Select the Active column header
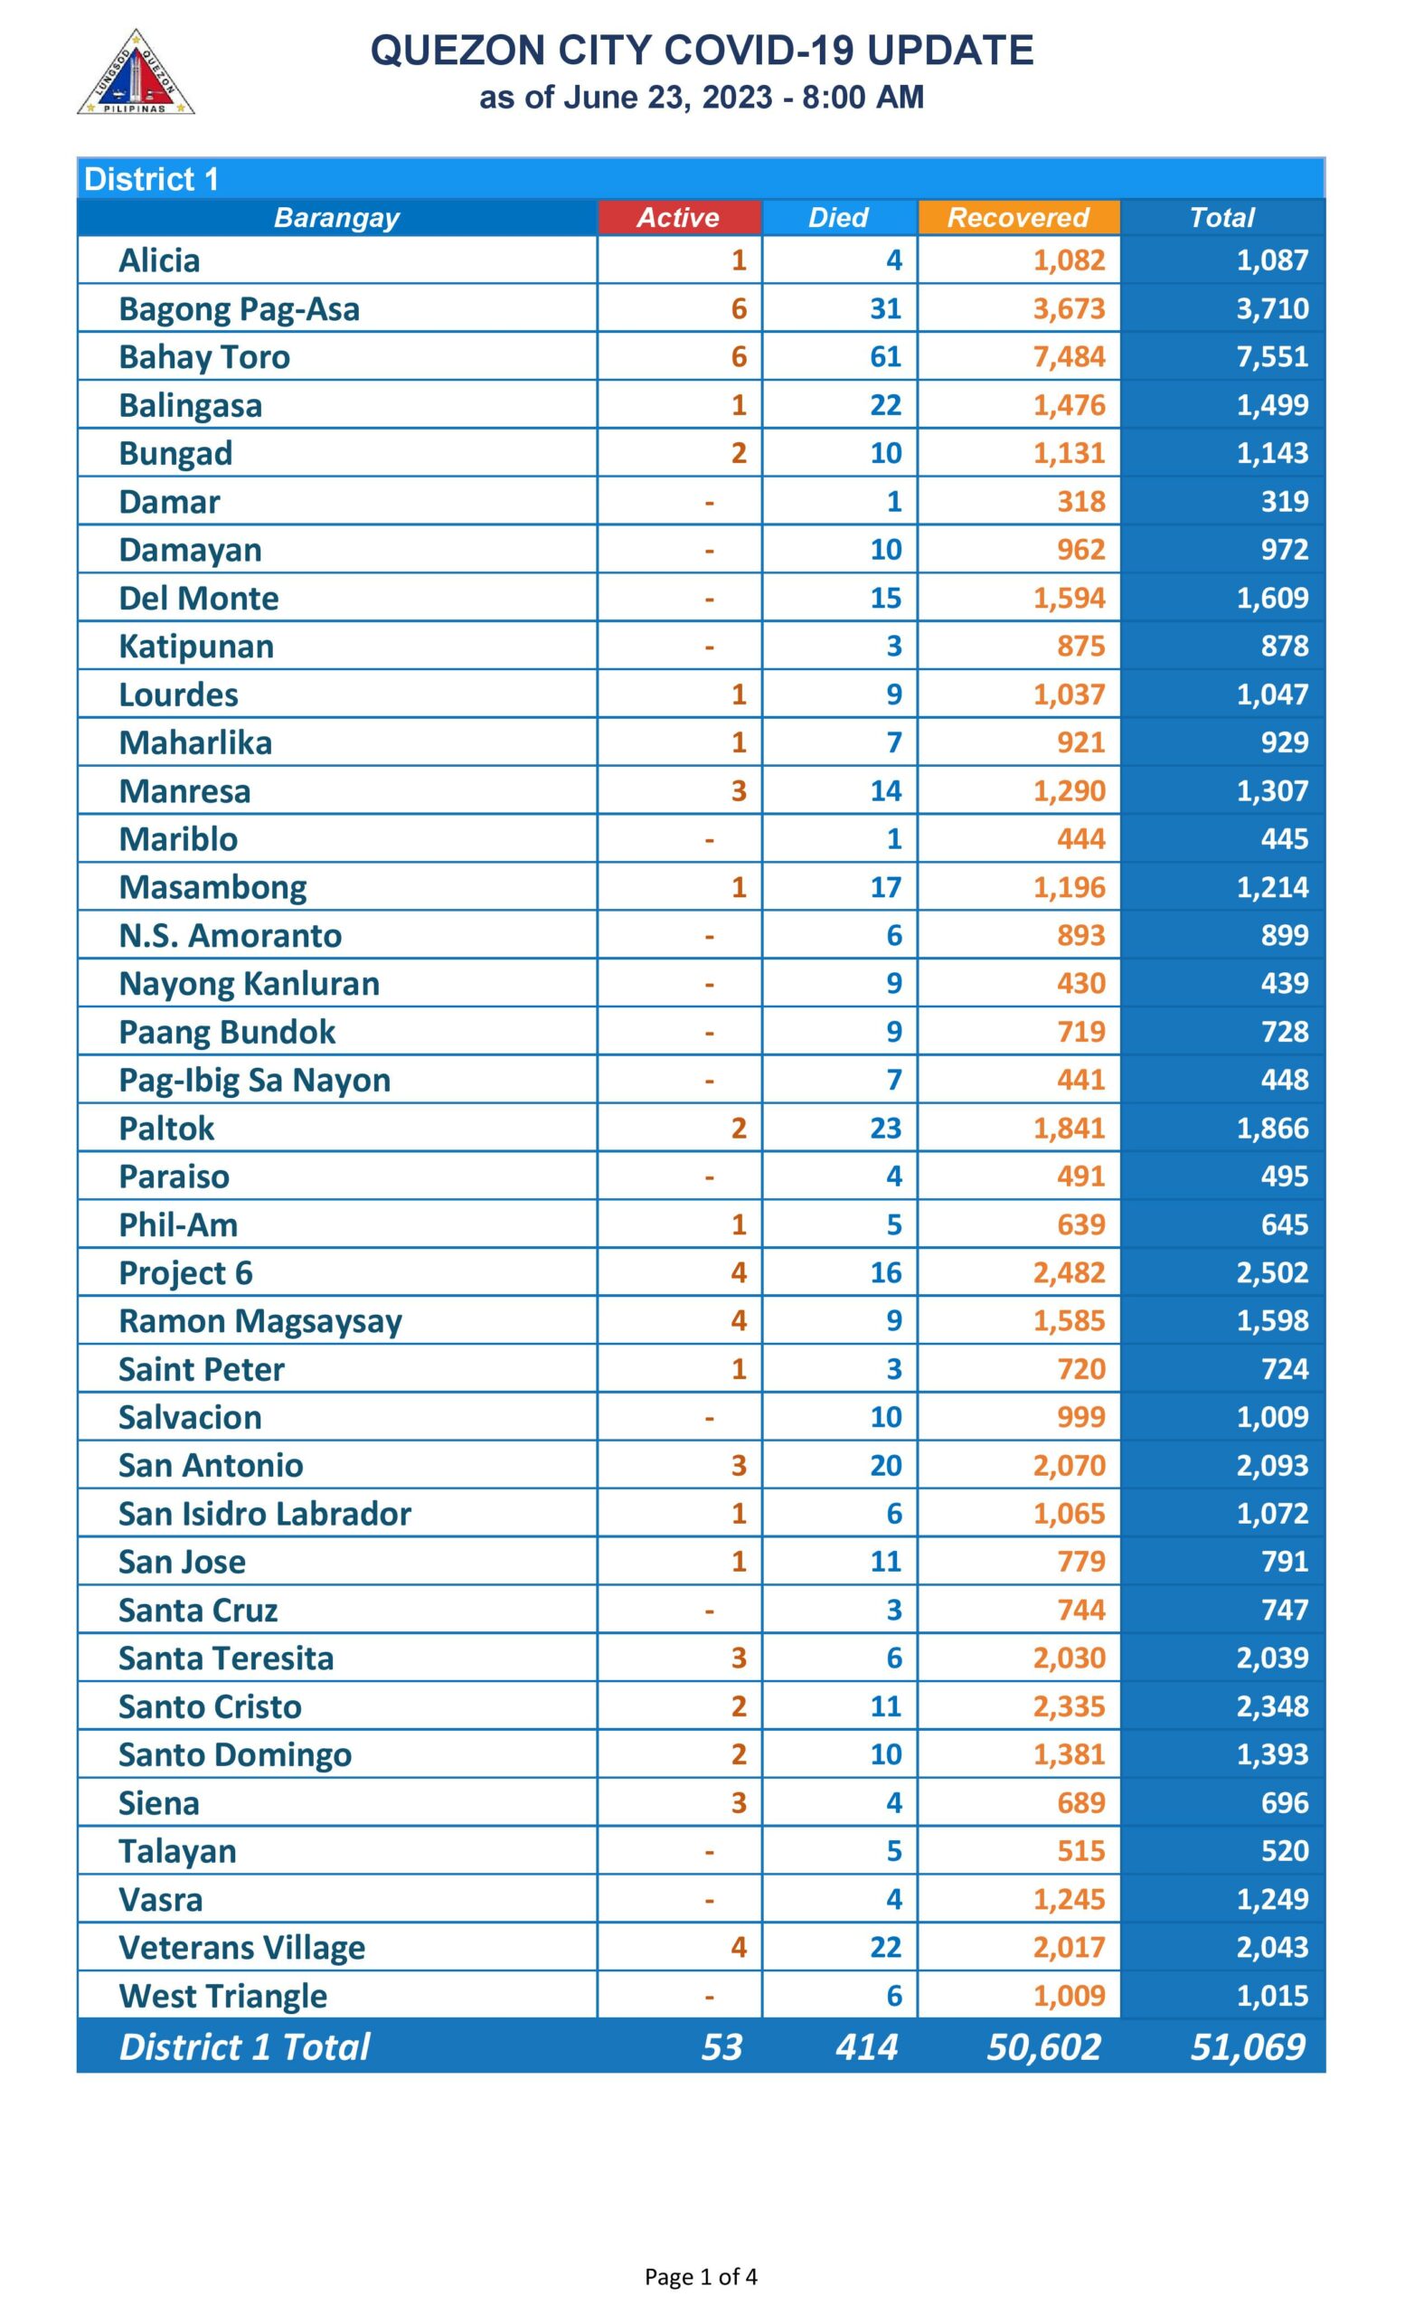point(678,217)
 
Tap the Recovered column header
point(1018,217)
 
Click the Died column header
point(839,217)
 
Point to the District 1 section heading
point(151,178)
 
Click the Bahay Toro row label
point(203,357)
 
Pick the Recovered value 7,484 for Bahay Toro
point(1069,357)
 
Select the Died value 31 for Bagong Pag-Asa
point(885,308)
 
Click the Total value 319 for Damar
point(1284,502)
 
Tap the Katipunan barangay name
point(195,647)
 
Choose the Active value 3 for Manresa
point(740,791)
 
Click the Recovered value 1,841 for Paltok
point(1069,1128)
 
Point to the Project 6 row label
point(185,1272)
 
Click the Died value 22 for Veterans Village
point(885,1947)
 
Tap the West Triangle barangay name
point(222,1996)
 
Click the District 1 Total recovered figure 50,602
point(1042,2046)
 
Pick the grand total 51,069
point(1247,2046)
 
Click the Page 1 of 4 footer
point(701,2276)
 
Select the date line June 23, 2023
point(701,98)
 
